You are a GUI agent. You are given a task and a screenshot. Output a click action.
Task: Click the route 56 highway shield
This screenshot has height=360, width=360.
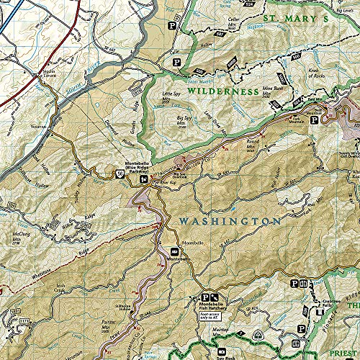tap(120, 174)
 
